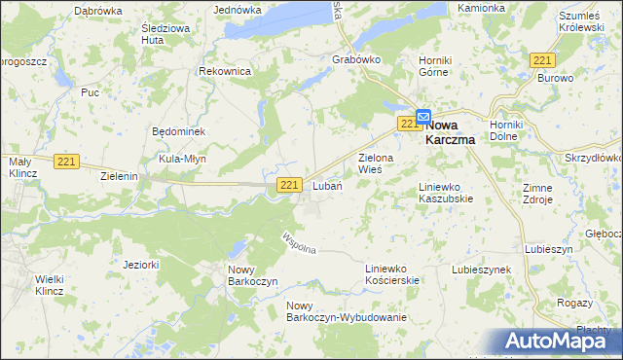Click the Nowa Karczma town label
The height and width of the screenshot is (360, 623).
[x=456, y=131]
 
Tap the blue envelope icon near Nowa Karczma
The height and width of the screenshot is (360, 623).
[x=422, y=115]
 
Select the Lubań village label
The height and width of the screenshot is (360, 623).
[x=326, y=186]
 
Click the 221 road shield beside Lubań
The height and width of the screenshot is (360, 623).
[x=288, y=185]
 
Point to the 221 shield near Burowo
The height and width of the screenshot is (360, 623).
[x=543, y=60]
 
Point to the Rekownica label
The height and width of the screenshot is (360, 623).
[x=225, y=72]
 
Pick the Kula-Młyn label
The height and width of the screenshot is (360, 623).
[x=182, y=159]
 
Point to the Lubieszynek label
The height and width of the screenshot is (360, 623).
[x=481, y=270]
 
